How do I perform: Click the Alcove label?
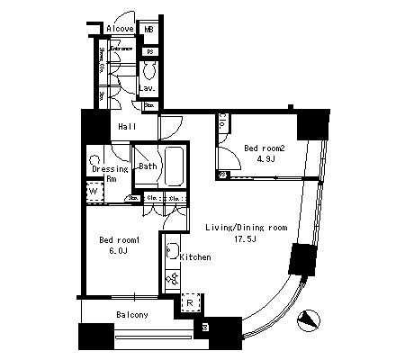pyautogui.click(x=120, y=29)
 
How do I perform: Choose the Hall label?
pyautogui.click(x=127, y=128)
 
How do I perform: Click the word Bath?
pyautogui.click(x=147, y=166)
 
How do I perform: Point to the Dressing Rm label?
pyautogui.click(x=111, y=172)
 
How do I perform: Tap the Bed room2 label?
pyautogui.click(x=265, y=148)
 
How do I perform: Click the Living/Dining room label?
pyautogui.click(x=245, y=228)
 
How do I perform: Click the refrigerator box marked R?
pyautogui.click(x=190, y=303)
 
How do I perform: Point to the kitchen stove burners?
pyautogui.click(x=171, y=280)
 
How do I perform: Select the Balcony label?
pyautogui.click(x=131, y=315)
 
